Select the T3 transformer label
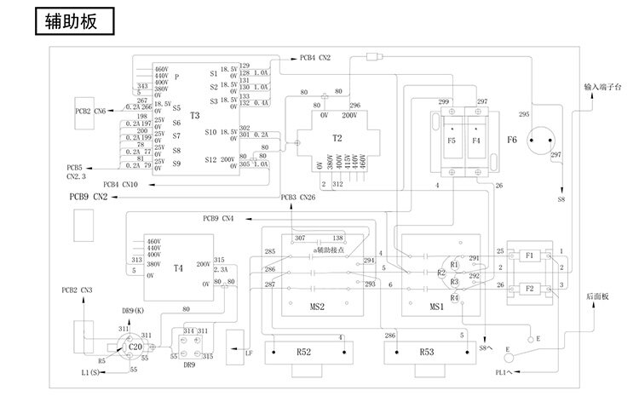[194, 116]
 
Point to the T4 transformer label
[177, 268]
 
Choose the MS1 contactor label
[436, 305]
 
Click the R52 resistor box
[303, 351]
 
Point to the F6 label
[511, 139]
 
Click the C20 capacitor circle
[134, 347]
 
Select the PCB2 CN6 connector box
[88, 112]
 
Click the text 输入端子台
[604, 87]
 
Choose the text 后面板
[597, 296]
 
